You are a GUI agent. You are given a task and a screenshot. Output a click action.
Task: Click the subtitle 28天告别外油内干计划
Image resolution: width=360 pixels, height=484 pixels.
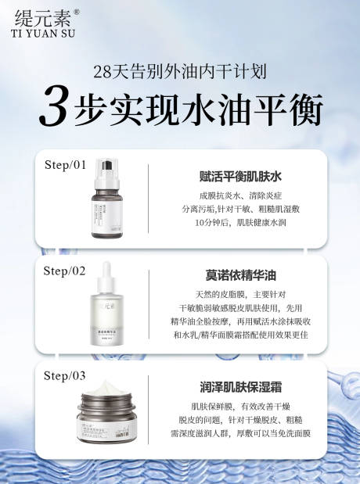(180, 71)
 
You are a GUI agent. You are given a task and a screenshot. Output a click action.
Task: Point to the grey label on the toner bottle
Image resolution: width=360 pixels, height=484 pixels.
(109, 215)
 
